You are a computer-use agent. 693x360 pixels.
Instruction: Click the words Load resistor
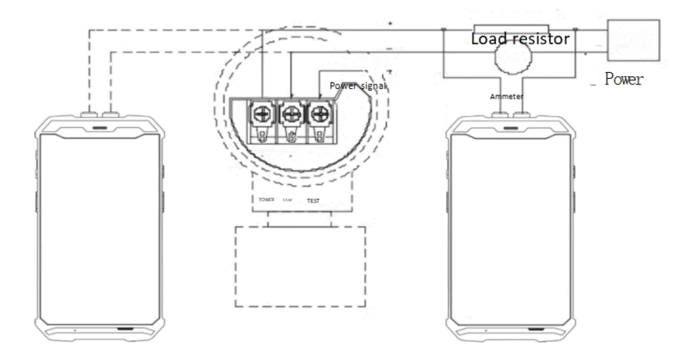[520, 40]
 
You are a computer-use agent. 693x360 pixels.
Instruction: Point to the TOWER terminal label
[266, 200]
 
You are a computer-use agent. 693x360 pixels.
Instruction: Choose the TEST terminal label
[313, 201]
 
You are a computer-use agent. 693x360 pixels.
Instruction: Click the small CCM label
[288, 200]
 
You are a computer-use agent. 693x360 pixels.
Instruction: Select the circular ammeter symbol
[513, 57]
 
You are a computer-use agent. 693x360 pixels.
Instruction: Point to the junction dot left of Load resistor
[443, 30]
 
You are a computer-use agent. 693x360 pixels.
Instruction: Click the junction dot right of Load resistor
[575, 30]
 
